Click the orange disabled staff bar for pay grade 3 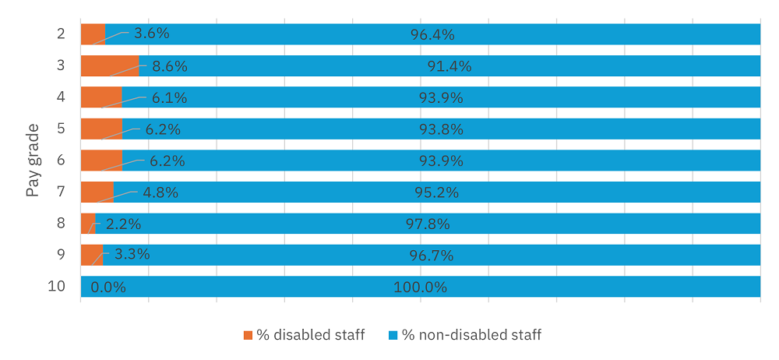[x=109, y=65]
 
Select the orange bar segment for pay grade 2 [x=93, y=34]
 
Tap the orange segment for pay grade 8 [x=87, y=224]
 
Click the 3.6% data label [x=151, y=34]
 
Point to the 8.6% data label [x=169, y=66]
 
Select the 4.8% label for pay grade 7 [x=160, y=192]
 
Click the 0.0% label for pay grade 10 [x=108, y=287]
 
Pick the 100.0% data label [x=420, y=287]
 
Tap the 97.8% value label [x=428, y=224]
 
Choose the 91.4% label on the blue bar [x=449, y=66]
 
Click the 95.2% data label [x=436, y=192]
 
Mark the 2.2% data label [x=123, y=224]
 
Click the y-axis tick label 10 [x=56, y=286]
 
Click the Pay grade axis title [x=33, y=160]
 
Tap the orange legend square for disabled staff [x=248, y=335]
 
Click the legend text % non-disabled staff [x=471, y=335]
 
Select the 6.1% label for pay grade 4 [x=168, y=97]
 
